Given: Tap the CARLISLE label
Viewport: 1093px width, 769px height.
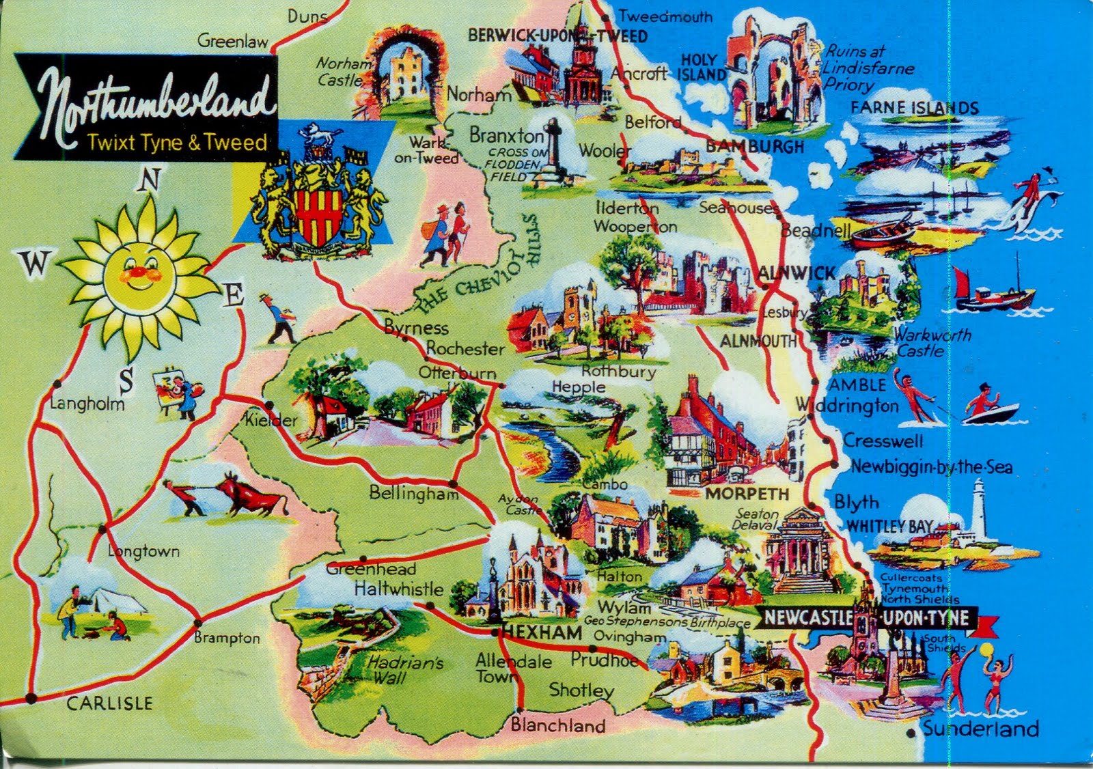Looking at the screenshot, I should (x=109, y=703).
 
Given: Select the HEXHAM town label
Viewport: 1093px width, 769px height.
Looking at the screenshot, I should (x=543, y=633).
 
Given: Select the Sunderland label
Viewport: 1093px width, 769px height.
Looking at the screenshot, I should (x=980, y=729).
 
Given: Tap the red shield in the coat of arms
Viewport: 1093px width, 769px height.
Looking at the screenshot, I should (x=316, y=212).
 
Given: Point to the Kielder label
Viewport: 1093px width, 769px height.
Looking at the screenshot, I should (x=272, y=420).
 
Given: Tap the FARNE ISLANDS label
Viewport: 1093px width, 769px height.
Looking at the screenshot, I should (x=914, y=108).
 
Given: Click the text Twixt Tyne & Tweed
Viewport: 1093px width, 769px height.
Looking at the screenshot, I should (x=177, y=143).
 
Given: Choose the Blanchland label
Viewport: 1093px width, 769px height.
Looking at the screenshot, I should (x=558, y=725).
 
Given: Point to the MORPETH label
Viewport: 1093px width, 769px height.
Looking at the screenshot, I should (x=747, y=494).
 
